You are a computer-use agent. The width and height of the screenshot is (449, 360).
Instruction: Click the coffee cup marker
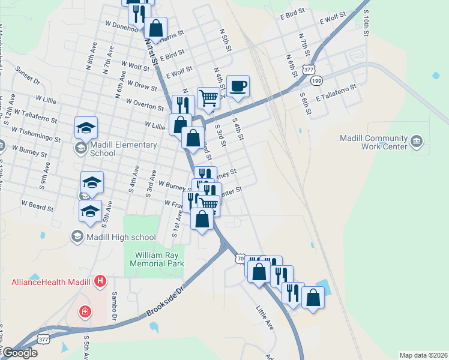tap(238, 86)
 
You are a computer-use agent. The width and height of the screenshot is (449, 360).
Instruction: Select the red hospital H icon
tap(100, 281)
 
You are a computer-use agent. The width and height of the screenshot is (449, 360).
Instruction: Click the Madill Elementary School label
tap(123, 148)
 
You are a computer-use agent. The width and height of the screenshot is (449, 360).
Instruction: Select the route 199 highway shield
tap(318, 80)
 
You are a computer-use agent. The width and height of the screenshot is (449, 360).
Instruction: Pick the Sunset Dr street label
tap(28, 76)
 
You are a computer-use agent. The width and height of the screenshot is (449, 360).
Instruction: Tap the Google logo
tap(20, 353)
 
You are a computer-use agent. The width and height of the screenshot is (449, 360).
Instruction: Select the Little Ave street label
tap(265, 317)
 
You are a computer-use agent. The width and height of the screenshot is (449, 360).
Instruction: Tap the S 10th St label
tap(365, 23)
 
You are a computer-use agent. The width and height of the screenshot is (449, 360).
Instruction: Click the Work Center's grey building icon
tap(417, 142)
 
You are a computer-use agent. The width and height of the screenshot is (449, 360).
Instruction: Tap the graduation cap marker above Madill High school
tap(91, 211)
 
